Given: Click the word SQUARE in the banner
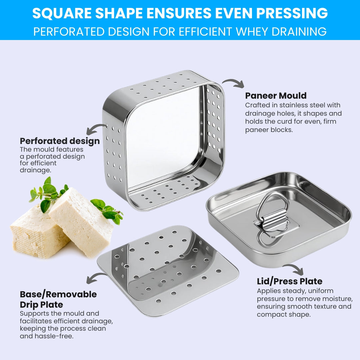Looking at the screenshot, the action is [62, 13].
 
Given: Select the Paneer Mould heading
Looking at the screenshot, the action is [276, 96].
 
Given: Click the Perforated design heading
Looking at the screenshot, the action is [60, 141].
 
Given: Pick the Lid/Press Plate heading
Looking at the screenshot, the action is [290, 281].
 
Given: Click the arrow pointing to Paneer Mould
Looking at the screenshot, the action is [233, 83].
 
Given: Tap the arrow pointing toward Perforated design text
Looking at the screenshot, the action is [96, 129].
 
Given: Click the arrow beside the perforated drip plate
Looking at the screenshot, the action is [96, 278].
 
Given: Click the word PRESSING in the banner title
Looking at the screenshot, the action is [292, 13].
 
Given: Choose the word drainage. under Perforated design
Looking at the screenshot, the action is [35, 170].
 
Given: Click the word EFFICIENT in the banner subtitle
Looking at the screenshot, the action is [204, 31].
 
